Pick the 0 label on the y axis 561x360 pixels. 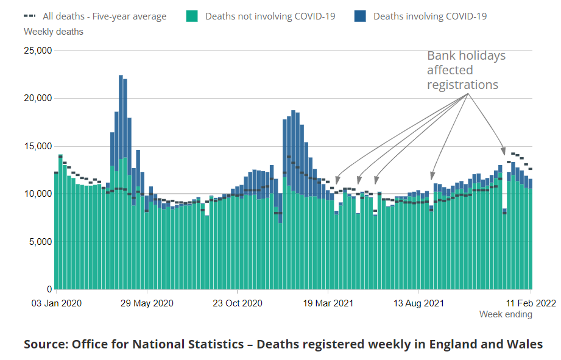coord(49,289)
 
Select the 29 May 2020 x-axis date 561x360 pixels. coord(147,303)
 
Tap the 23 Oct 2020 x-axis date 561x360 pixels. coord(237,303)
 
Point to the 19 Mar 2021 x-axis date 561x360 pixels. coord(328,303)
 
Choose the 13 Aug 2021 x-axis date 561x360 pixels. coord(418,303)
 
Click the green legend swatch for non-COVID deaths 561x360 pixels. coord(192,16)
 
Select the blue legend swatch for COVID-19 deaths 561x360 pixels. coord(361,16)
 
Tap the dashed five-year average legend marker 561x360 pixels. coord(30,16)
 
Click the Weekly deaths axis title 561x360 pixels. coord(54,31)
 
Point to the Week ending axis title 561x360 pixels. coord(506,314)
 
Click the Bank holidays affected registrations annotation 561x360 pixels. coord(466,70)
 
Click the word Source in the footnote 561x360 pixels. coord(44,344)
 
